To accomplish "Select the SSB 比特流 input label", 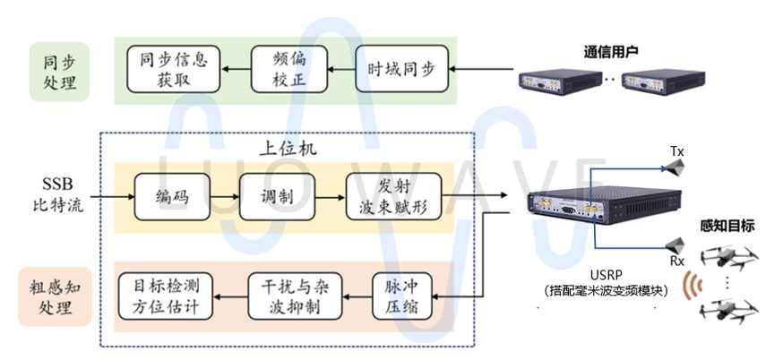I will click(x=61, y=195).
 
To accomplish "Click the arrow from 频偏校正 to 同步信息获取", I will click(x=236, y=68).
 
